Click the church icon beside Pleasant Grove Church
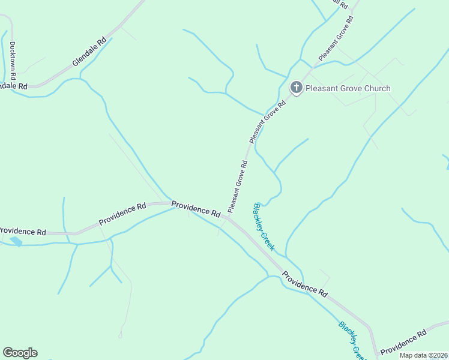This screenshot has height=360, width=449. click(296, 88)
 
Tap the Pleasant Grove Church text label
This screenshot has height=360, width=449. click(348, 89)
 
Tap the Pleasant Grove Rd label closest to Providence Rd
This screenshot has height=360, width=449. click(238, 186)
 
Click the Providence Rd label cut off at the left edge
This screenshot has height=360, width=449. click(23, 232)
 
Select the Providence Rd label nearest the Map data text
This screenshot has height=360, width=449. click(403, 341)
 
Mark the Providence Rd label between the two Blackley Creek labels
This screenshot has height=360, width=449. click(305, 285)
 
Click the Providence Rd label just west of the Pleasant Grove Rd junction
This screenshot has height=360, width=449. click(196, 208)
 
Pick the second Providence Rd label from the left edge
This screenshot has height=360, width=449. click(122, 213)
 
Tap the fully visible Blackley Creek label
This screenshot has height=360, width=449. click(264, 227)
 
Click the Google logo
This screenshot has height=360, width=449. click(20, 353)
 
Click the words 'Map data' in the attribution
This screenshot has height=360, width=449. click(413, 355)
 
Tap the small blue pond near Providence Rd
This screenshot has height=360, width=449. click(16, 241)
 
